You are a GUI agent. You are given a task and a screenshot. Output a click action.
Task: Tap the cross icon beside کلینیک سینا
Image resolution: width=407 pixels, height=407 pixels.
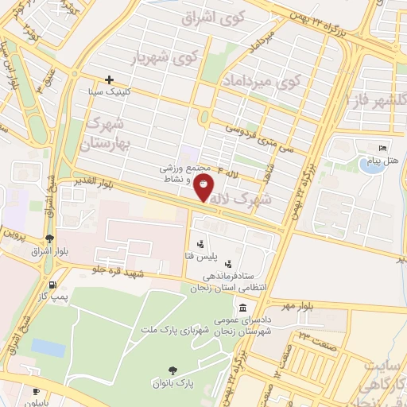(110, 79)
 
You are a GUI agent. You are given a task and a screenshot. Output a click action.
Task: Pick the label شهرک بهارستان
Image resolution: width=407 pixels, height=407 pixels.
(110, 134)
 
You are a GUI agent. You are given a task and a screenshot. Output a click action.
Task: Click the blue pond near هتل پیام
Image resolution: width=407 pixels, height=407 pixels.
(371, 165)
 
